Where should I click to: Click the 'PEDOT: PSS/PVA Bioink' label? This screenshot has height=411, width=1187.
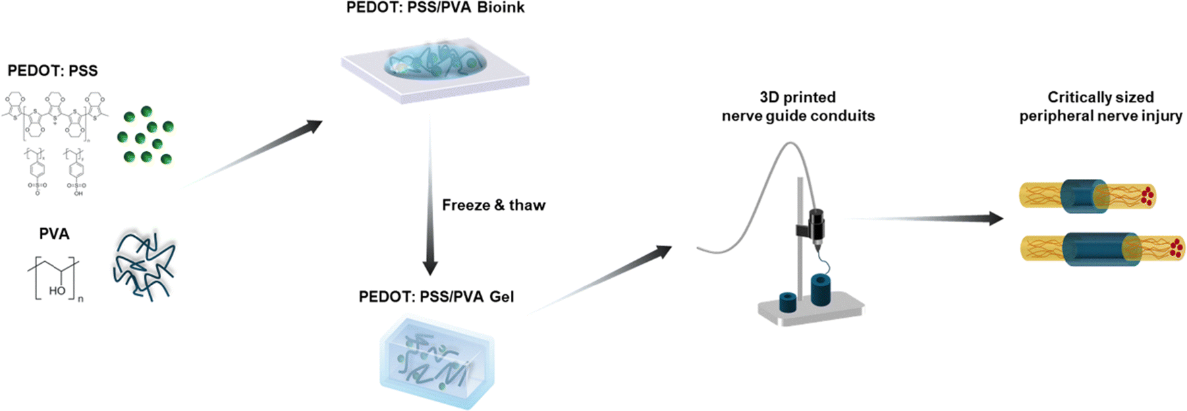[x=435, y=8]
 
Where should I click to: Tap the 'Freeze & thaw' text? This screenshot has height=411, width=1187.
[x=493, y=205]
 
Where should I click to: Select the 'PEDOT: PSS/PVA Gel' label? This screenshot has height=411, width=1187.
[x=436, y=296]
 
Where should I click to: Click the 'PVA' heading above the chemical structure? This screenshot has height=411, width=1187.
[x=54, y=234]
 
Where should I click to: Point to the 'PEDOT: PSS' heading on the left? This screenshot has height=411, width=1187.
[x=53, y=71]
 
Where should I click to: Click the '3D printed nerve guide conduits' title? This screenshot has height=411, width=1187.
[x=798, y=107]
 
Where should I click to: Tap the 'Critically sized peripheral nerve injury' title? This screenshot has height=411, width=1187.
[x=1100, y=107]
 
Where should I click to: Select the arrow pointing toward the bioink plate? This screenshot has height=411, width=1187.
[x=256, y=152]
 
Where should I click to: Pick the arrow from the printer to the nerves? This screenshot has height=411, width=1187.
[x=931, y=218]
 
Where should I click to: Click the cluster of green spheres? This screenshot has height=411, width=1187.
[x=144, y=137]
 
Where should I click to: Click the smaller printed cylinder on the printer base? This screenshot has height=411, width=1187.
[x=789, y=302]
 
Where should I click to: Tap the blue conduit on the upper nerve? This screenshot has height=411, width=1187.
[x=1084, y=196]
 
